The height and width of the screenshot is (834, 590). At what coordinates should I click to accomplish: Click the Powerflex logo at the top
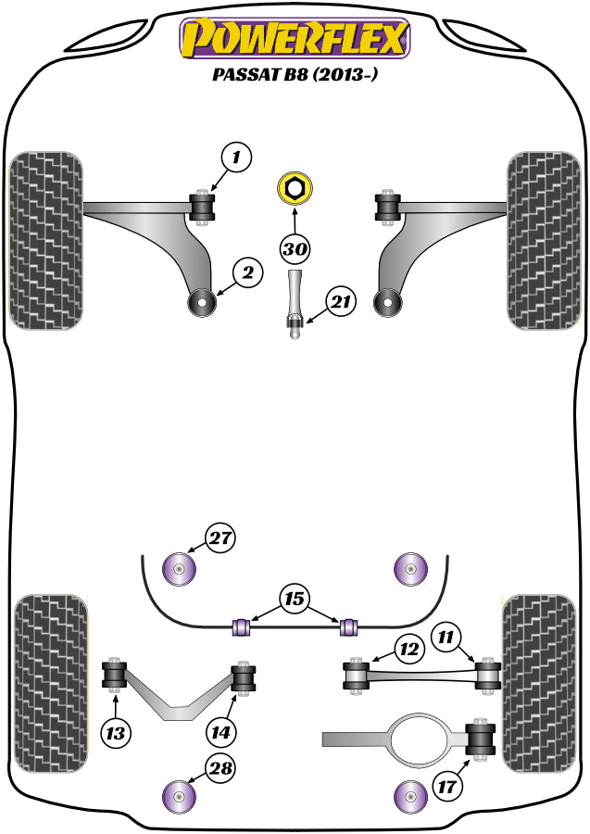point(295,39)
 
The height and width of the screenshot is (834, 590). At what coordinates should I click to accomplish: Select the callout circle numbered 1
point(236,158)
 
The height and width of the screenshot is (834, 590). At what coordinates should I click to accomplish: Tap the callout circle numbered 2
point(248,272)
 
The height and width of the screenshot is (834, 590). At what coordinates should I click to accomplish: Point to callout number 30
point(295,249)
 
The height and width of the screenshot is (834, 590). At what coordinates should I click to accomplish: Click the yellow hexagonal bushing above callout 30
point(295,188)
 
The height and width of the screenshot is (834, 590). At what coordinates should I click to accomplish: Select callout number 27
point(221,538)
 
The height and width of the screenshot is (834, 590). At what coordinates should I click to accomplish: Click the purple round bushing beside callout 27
point(180,568)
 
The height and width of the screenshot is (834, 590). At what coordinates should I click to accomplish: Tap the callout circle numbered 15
point(295,600)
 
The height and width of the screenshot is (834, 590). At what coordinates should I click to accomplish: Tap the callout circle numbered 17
point(446,789)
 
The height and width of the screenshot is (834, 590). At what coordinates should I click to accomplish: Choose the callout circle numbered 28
point(221,767)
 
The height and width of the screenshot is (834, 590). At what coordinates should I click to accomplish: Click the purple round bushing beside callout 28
point(180,795)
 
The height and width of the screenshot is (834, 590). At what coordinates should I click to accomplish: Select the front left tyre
point(45,238)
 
